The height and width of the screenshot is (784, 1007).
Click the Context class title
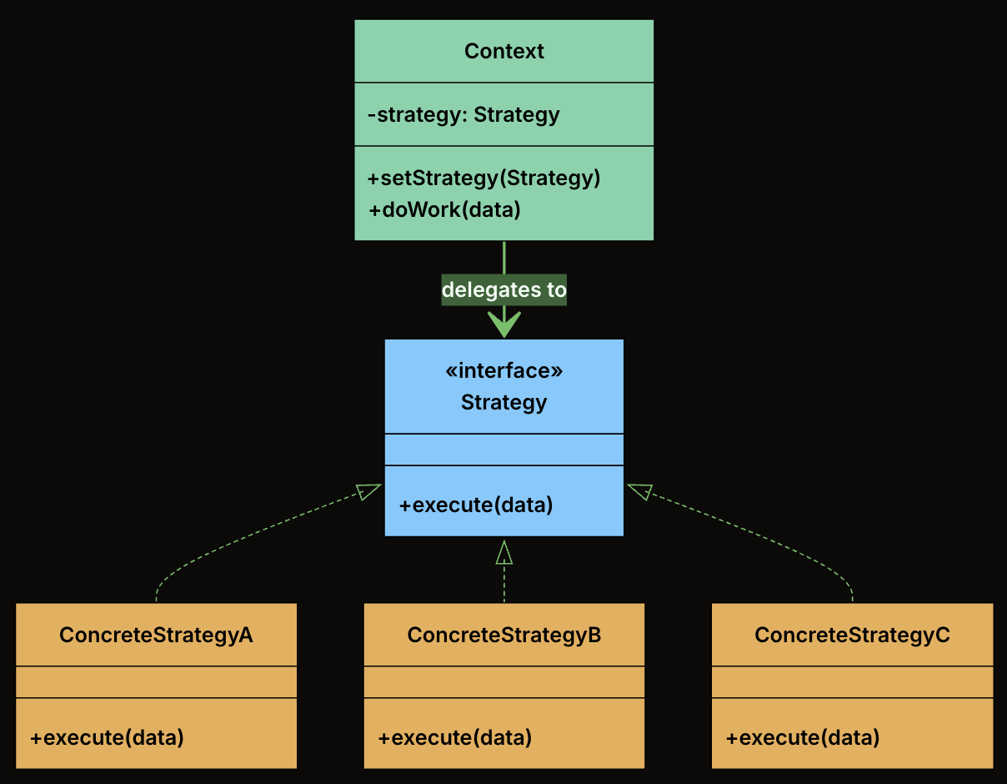pyautogui.click(x=503, y=51)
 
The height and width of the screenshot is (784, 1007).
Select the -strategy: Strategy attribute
pyautogui.click(x=463, y=114)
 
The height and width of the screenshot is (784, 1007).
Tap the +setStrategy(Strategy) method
pyautogui.click(x=483, y=178)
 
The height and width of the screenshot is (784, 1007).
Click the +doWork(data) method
pyautogui.click(x=444, y=209)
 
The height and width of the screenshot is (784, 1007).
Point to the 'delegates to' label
pyautogui.click(x=503, y=290)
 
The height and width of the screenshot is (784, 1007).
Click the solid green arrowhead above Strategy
pyautogui.click(x=503, y=324)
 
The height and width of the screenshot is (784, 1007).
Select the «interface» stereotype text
pyautogui.click(x=503, y=370)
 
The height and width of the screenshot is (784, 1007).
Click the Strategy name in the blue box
pyautogui.click(x=503, y=402)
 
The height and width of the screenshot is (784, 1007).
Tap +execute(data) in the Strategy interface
pyautogui.click(x=475, y=505)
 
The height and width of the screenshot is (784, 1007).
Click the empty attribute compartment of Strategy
pyautogui.click(x=503, y=450)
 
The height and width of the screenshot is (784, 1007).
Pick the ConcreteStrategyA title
pyautogui.click(x=156, y=635)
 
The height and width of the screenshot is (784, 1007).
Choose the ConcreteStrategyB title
pyautogui.click(x=503, y=635)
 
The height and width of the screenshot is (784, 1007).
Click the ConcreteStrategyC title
pyautogui.click(x=852, y=635)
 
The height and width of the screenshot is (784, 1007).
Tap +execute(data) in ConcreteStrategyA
pyautogui.click(x=107, y=737)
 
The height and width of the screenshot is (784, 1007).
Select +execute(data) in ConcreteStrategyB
pyautogui.click(x=454, y=737)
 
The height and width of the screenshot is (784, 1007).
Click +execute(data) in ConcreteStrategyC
pyautogui.click(x=803, y=737)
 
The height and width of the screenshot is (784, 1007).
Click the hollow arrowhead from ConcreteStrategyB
pyautogui.click(x=503, y=552)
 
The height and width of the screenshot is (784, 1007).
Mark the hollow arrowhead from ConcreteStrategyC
pyautogui.click(x=639, y=491)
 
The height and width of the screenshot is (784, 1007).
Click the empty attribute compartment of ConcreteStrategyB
pyautogui.click(x=503, y=681)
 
